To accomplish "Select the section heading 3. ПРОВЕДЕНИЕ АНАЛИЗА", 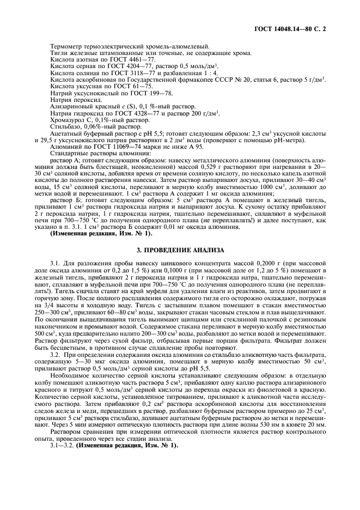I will coord(180,250).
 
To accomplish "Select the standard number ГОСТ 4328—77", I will coord(132,112).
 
